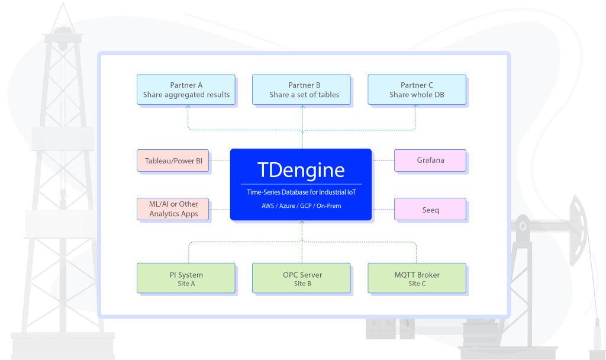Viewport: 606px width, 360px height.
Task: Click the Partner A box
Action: (186, 89)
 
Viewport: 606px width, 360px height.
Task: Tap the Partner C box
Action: (417, 89)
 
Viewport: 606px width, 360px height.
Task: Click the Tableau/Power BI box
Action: (173, 160)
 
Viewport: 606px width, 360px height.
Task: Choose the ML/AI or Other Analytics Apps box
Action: (173, 208)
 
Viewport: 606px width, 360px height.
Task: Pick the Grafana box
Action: (430, 160)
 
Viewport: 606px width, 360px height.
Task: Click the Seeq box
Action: (430, 210)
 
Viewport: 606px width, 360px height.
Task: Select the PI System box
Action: (186, 278)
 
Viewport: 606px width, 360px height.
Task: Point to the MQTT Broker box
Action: (417, 278)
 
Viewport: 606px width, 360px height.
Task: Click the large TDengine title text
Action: (301, 171)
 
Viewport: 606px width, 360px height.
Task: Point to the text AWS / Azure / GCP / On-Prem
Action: (301, 206)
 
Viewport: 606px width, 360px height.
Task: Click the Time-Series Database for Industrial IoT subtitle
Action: (301, 192)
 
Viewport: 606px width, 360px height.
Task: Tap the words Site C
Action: (417, 284)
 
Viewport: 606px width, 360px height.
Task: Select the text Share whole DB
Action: (417, 95)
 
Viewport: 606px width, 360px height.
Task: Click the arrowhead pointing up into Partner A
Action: (188, 107)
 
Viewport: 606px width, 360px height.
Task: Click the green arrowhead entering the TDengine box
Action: (302, 223)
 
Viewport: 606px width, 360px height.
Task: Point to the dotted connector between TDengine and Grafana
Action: (383, 160)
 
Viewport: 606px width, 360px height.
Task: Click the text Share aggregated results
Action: (186, 95)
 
